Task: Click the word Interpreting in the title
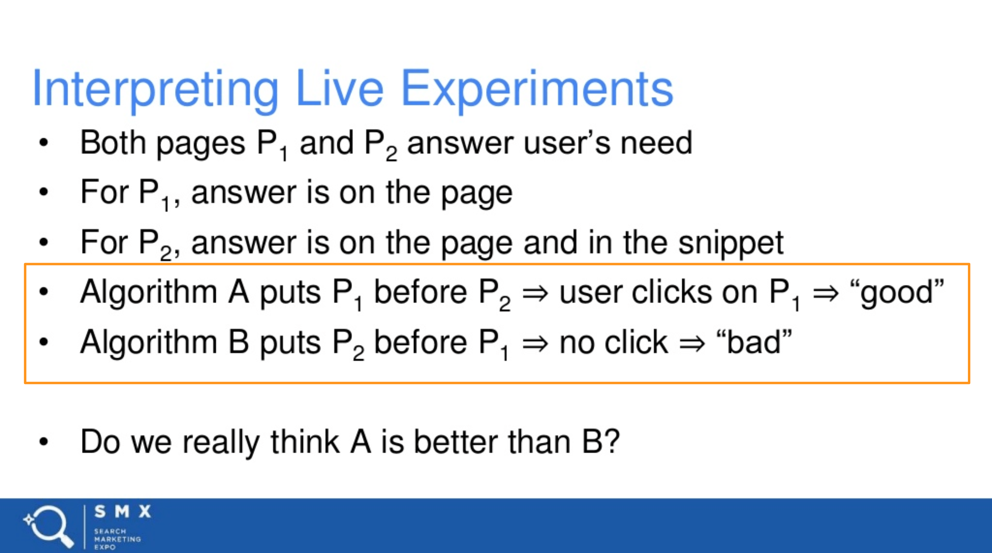[x=156, y=91]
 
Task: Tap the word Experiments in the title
[x=537, y=91]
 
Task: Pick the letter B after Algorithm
[x=239, y=342]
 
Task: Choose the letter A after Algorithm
[x=239, y=292]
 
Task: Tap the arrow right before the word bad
[x=692, y=344]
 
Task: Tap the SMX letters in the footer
[x=123, y=511]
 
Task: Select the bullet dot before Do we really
[x=43, y=442]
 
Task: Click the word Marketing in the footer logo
[x=117, y=539]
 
